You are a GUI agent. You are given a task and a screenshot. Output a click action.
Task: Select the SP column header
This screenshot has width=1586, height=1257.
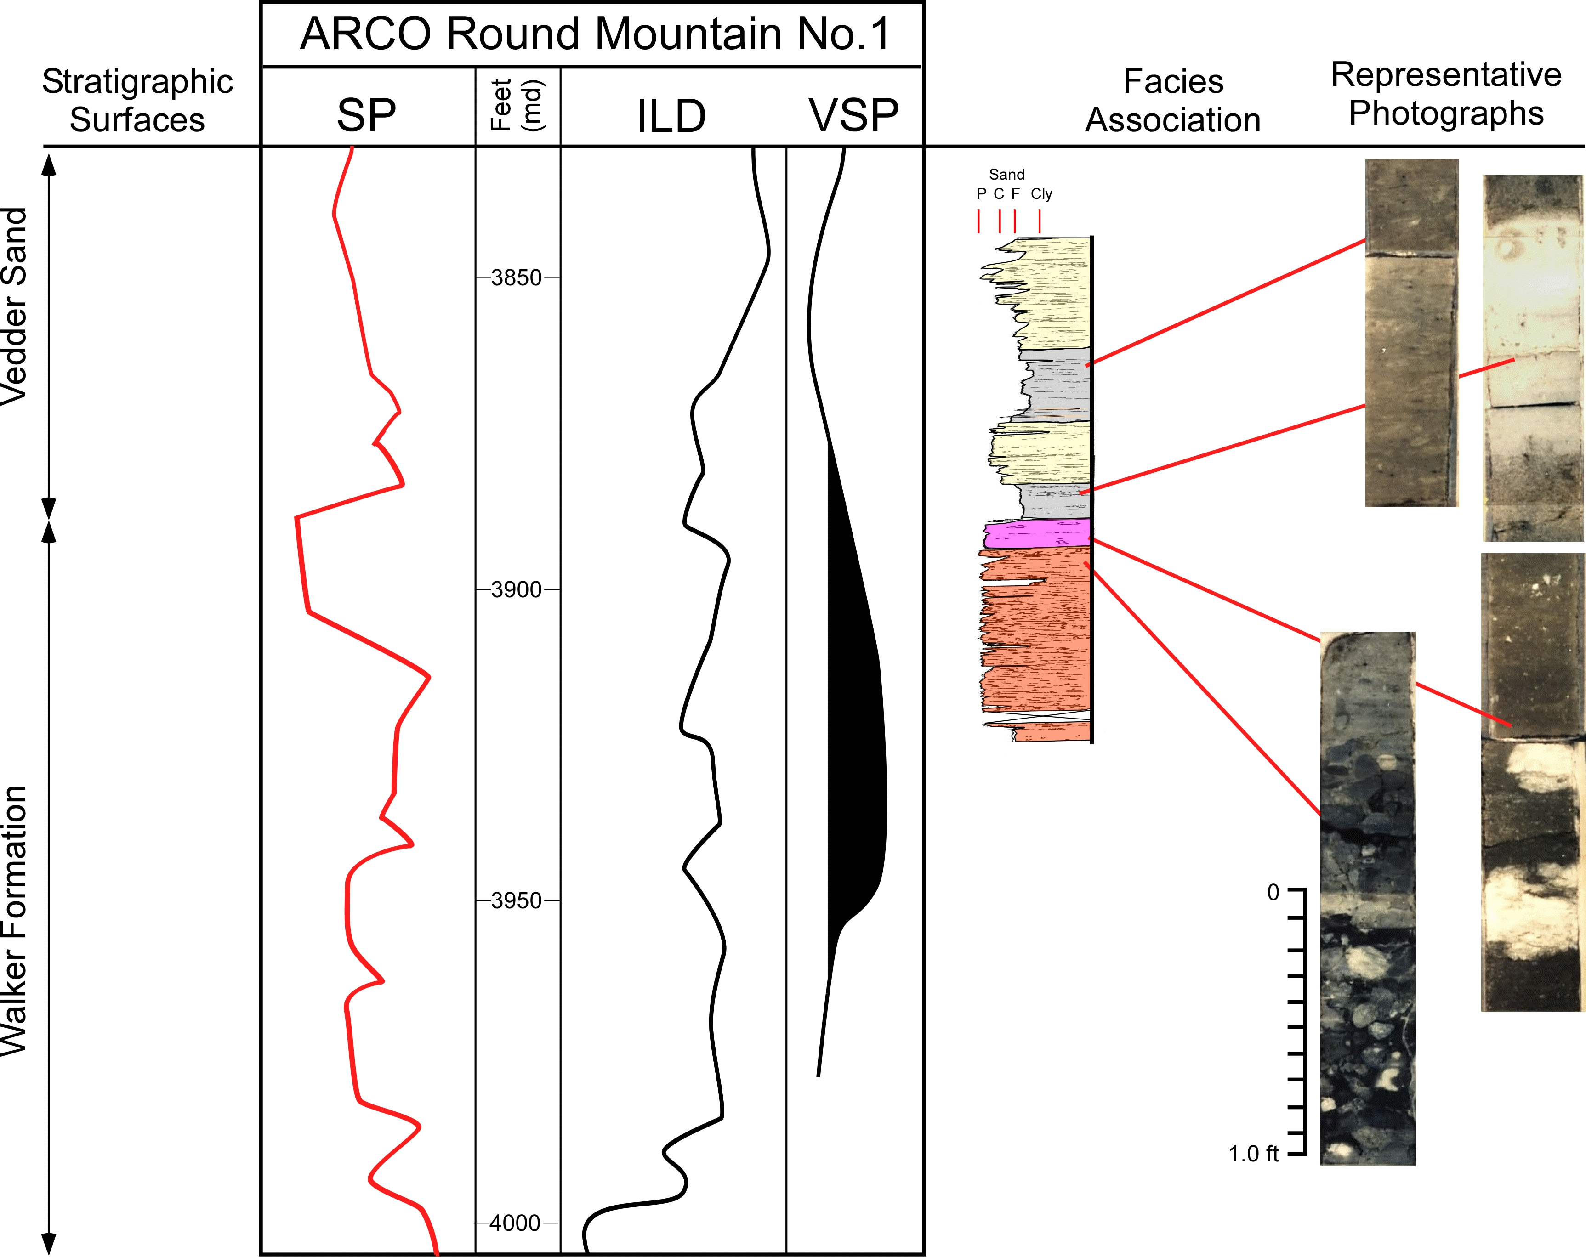(x=366, y=115)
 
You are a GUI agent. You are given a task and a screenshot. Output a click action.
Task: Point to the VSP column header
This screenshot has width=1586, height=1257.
(x=853, y=115)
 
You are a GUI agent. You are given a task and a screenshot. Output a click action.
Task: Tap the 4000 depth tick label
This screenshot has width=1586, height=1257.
(x=515, y=1223)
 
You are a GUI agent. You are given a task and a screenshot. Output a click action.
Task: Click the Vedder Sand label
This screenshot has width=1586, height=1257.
(x=15, y=305)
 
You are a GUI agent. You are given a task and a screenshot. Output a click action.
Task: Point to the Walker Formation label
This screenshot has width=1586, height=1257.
(x=15, y=919)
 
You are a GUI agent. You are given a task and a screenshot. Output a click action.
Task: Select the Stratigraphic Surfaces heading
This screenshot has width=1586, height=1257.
(x=137, y=101)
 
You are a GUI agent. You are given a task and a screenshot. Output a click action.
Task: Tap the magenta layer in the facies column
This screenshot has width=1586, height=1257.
(x=1037, y=534)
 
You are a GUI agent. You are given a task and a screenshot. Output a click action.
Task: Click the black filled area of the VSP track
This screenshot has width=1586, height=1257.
(x=857, y=736)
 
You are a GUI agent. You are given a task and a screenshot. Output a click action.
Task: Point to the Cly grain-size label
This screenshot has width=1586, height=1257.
(x=1041, y=194)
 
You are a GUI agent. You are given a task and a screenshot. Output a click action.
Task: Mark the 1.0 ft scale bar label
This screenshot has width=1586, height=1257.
(x=1253, y=1153)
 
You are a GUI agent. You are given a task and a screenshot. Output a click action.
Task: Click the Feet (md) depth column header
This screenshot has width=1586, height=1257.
(x=517, y=105)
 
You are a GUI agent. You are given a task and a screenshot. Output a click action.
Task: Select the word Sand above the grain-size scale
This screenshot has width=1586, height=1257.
(x=1006, y=174)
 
